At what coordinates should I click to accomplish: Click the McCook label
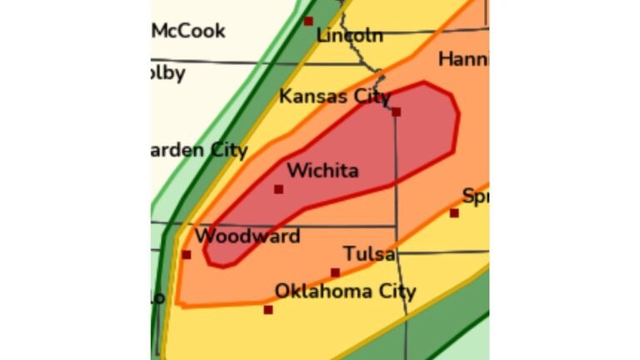click(x=188, y=31)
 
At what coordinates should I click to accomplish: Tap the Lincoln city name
click(x=350, y=36)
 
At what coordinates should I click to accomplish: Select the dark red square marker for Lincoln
click(x=308, y=21)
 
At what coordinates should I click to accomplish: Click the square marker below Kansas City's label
click(x=396, y=112)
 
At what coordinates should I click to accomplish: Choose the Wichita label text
click(x=322, y=171)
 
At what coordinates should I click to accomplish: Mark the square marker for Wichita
click(x=278, y=189)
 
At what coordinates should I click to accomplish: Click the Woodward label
click(x=247, y=237)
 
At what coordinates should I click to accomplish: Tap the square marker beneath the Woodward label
click(x=186, y=255)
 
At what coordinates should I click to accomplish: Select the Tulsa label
click(x=369, y=254)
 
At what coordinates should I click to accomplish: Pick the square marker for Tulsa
click(x=335, y=272)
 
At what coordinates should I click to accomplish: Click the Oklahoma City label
click(x=345, y=292)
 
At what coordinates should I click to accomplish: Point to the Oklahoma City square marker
click(x=268, y=310)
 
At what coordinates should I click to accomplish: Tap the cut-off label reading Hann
click(x=462, y=60)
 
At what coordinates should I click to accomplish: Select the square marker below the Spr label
click(x=454, y=213)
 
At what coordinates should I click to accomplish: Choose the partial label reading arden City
click(x=199, y=151)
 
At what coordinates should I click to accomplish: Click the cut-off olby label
click(x=167, y=73)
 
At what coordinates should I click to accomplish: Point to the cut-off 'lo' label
click(x=157, y=297)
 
